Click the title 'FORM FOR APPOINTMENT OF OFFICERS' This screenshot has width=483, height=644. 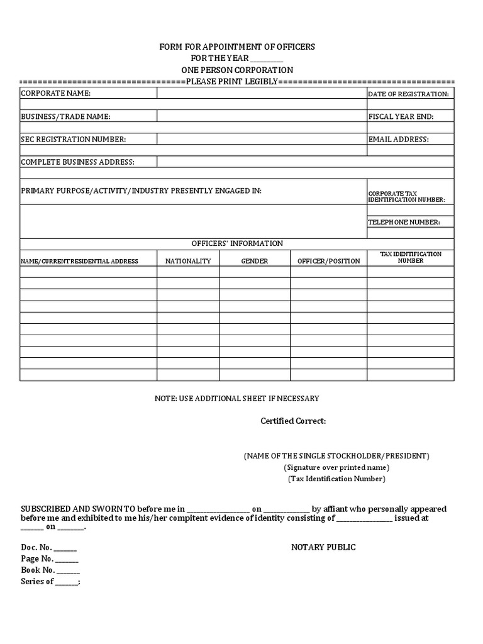pos(237,47)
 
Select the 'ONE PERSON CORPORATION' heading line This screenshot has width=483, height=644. pos(237,70)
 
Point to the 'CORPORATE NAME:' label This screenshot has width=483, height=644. pos(56,93)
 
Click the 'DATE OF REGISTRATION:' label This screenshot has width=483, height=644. pos(408,94)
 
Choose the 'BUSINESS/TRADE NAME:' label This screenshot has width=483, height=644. pos(66,116)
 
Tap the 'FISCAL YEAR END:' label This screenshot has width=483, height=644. pos(401,116)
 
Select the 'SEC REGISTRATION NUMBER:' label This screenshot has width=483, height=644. pos(74,139)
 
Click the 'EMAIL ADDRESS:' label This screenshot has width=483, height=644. pos(398,139)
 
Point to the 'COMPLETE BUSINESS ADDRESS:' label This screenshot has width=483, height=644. pos(78,162)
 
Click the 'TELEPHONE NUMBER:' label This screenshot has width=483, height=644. pos(404,222)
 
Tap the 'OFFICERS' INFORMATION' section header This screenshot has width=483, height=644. pos(237,243)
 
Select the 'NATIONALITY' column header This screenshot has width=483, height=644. pos(188,261)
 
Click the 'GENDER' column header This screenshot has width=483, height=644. pos(255,261)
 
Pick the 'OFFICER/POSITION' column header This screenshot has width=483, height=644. pos(328,261)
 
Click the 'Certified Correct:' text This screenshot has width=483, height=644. pos(293,421)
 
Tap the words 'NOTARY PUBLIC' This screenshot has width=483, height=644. pos(323,547)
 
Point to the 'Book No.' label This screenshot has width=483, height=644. pos(38,570)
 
